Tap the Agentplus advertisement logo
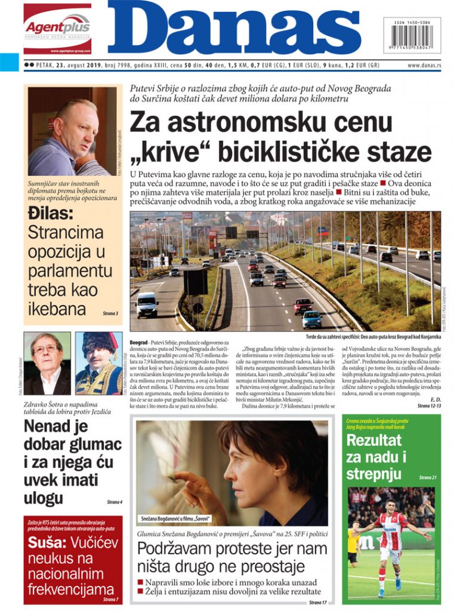coord(57,27)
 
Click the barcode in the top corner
coord(412,37)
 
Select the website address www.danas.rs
coord(424,65)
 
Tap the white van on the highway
coord(147,305)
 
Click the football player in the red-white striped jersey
coord(391,540)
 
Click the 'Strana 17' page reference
coord(318,602)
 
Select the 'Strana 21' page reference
coord(427,478)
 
